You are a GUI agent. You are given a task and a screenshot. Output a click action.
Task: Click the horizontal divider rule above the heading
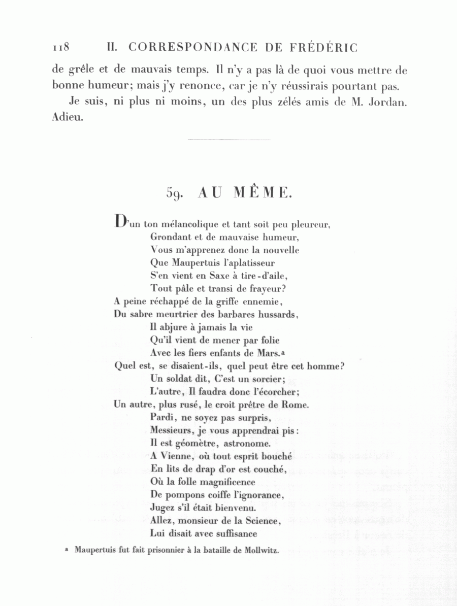(228, 139)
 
